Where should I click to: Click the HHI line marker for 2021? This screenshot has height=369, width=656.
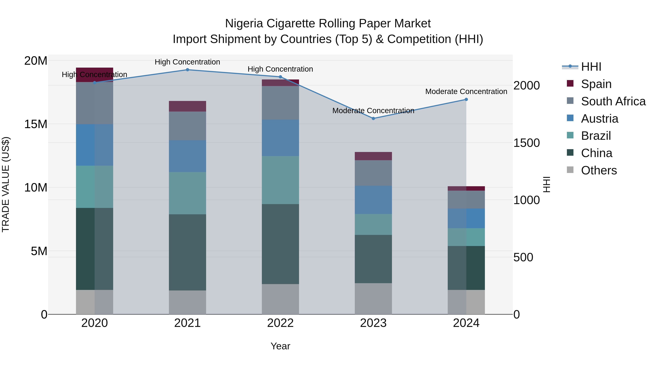[x=188, y=70]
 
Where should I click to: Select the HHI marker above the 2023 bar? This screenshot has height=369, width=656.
[x=373, y=118]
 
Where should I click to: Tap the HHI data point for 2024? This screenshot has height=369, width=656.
[x=466, y=99]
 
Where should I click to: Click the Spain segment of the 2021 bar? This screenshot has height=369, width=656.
[x=188, y=106]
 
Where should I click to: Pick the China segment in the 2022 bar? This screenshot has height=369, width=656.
[x=280, y=244]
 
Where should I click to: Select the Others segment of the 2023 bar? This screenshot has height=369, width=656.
[x=373, y=299]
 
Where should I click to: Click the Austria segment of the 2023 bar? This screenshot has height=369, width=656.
[x=373, y=200]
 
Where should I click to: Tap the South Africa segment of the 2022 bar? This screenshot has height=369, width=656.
[x=280, y=103]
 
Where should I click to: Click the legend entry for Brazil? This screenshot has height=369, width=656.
[x=596, y=136]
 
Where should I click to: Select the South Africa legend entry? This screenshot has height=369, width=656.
[x=613, y=101]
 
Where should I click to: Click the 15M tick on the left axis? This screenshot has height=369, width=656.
[x=36, y=124]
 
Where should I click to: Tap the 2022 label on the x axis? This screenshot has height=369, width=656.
[x=280, y=323]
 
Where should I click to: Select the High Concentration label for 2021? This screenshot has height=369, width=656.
[x=188, y=62]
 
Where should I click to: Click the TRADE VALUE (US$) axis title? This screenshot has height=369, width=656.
[x=6, y=184]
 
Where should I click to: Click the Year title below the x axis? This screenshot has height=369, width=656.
[x=280, y=346]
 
